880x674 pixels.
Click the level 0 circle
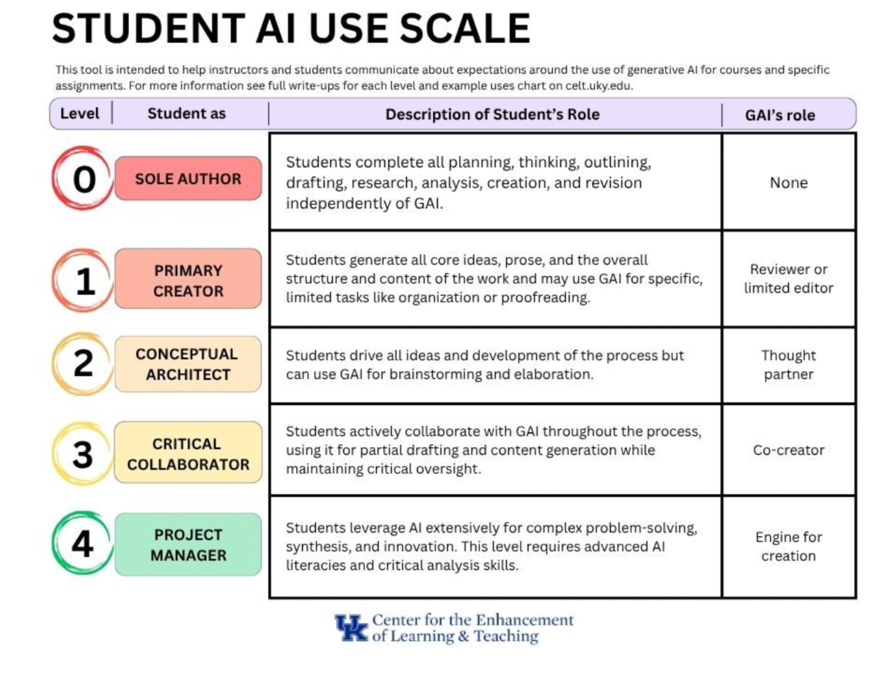coord(83,179)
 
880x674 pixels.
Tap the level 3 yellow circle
coord(82,454)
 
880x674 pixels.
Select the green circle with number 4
coord(82,543)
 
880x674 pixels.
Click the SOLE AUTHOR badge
coord(188,179)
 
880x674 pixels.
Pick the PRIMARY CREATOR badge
coord(188,280)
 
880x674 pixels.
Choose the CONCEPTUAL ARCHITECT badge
coord(188,364)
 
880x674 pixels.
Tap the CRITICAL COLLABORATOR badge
coord(188,453)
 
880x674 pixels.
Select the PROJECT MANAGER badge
coord(188,545)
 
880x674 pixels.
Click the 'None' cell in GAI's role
coord(788,183)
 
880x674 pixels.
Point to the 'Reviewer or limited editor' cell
coord(788,278)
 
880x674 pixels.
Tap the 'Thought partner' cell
coord(788,364)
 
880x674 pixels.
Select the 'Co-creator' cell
coord(788,450)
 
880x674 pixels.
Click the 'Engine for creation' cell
coord(788,546)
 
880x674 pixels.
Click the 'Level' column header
coord(80,114)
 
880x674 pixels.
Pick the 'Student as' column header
coord(186,114)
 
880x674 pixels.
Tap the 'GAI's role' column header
coord(780,115)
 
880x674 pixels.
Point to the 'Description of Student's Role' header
coord(492,115)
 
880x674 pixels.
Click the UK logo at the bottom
coord(351,628)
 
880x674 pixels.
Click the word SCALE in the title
coord(465,29)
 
